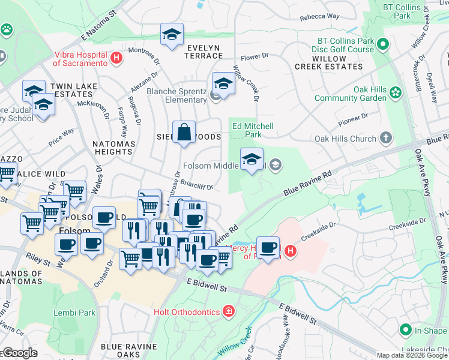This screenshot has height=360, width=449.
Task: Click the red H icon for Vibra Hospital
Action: click(116, 59)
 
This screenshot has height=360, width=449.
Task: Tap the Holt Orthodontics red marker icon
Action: click(228, 311)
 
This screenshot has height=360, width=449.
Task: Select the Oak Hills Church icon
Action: click(387, 139)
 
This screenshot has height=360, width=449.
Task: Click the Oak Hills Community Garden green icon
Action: click(395, 92)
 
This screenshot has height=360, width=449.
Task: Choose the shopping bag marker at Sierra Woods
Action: click(184, 133)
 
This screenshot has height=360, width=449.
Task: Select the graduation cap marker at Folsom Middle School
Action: click(252, 159)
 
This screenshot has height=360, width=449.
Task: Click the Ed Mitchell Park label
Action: click(253, 130)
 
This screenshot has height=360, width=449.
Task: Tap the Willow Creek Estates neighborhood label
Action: click(329, 62)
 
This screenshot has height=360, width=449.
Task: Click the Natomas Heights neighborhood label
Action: click(112, 148)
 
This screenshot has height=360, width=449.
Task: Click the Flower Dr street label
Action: click(255, 57)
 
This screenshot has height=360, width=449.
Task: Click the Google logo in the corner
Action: click(19, 353)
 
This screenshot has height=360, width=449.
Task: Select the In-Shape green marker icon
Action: click(406, 331)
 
